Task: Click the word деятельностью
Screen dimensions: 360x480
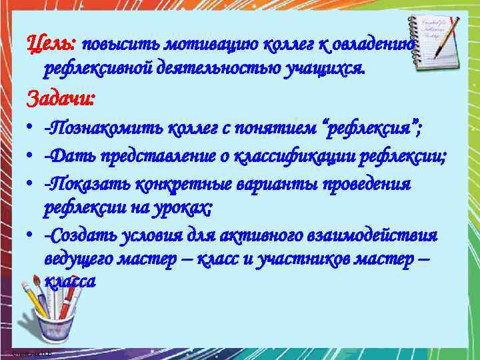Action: [212, 67]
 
